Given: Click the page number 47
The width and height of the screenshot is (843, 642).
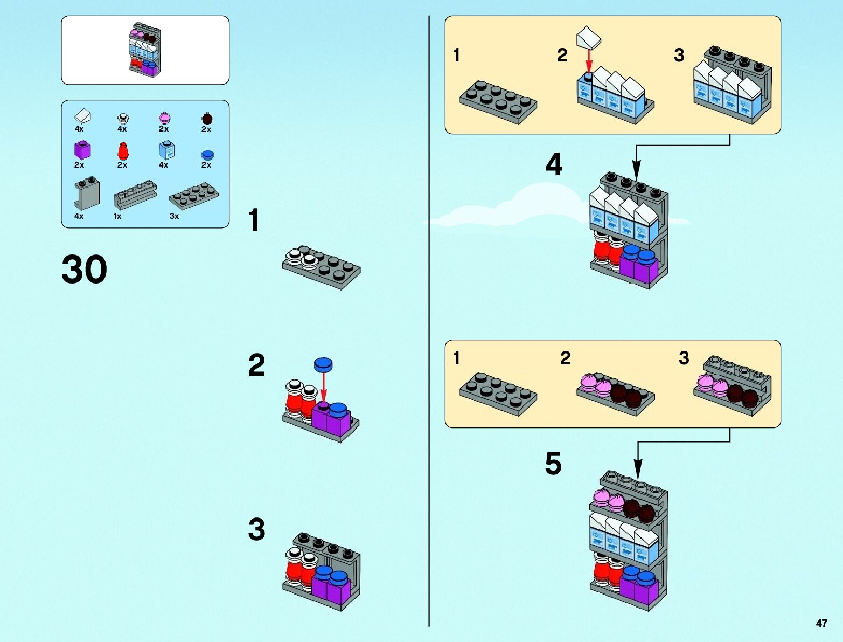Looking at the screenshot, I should (x=821, y=623).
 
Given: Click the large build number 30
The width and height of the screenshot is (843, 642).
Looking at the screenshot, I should (x=85, y=269).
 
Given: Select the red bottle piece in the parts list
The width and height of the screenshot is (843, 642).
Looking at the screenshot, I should (x=123, y=151).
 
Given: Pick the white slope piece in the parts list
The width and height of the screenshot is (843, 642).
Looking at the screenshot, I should (x=82, y=116).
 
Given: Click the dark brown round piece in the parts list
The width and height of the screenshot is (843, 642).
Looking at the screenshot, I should (x=207, y=119).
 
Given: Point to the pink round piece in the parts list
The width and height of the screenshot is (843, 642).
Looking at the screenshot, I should (x=164, y=118).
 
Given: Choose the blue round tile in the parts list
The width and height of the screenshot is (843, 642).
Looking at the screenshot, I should (x=207, y=155).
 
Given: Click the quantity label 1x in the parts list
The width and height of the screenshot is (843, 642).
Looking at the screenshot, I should (x=117, y=216).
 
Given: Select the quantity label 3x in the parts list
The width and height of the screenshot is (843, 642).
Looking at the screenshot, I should (x=174, y=216).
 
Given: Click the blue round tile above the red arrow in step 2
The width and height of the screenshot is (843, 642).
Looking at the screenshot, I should (x=323, y=364).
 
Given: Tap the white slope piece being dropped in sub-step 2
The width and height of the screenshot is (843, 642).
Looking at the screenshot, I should (x=588, y=38).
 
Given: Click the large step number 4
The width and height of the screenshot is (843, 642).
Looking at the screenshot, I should (x=554, y=164).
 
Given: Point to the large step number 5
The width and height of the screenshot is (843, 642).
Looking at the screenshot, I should (x=553, y=464).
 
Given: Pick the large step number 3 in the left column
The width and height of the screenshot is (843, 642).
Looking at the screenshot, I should (x=256, y=529).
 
